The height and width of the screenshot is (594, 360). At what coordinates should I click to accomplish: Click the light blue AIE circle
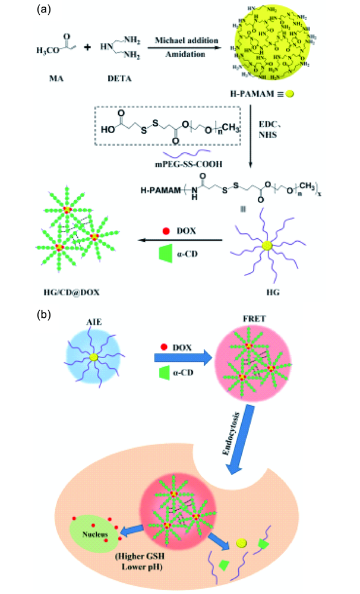click(x=93, y=358)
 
